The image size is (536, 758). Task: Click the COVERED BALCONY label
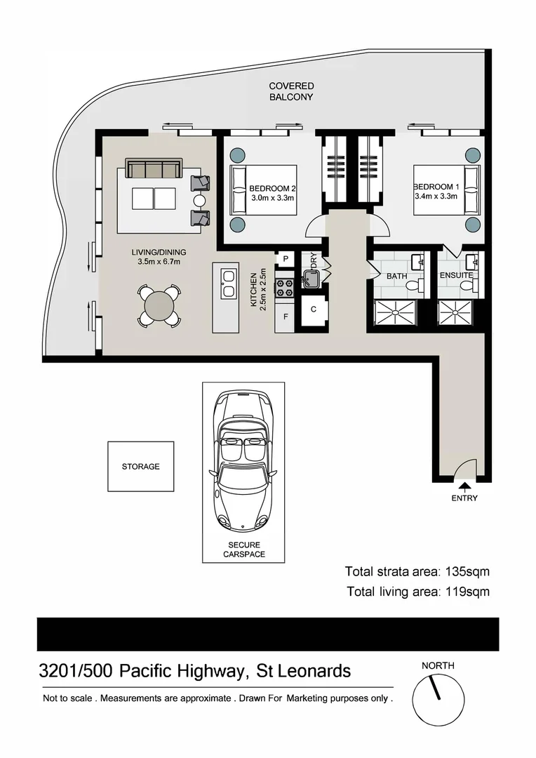291,91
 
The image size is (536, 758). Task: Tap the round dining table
159,306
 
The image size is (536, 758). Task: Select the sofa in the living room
153,169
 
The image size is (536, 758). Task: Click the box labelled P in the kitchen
286,258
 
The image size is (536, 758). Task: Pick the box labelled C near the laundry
314,310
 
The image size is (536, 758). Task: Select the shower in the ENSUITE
457,312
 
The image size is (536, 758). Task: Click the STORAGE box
140,466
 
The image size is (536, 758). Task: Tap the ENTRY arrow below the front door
464,485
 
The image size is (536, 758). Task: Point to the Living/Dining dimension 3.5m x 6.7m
159,262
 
